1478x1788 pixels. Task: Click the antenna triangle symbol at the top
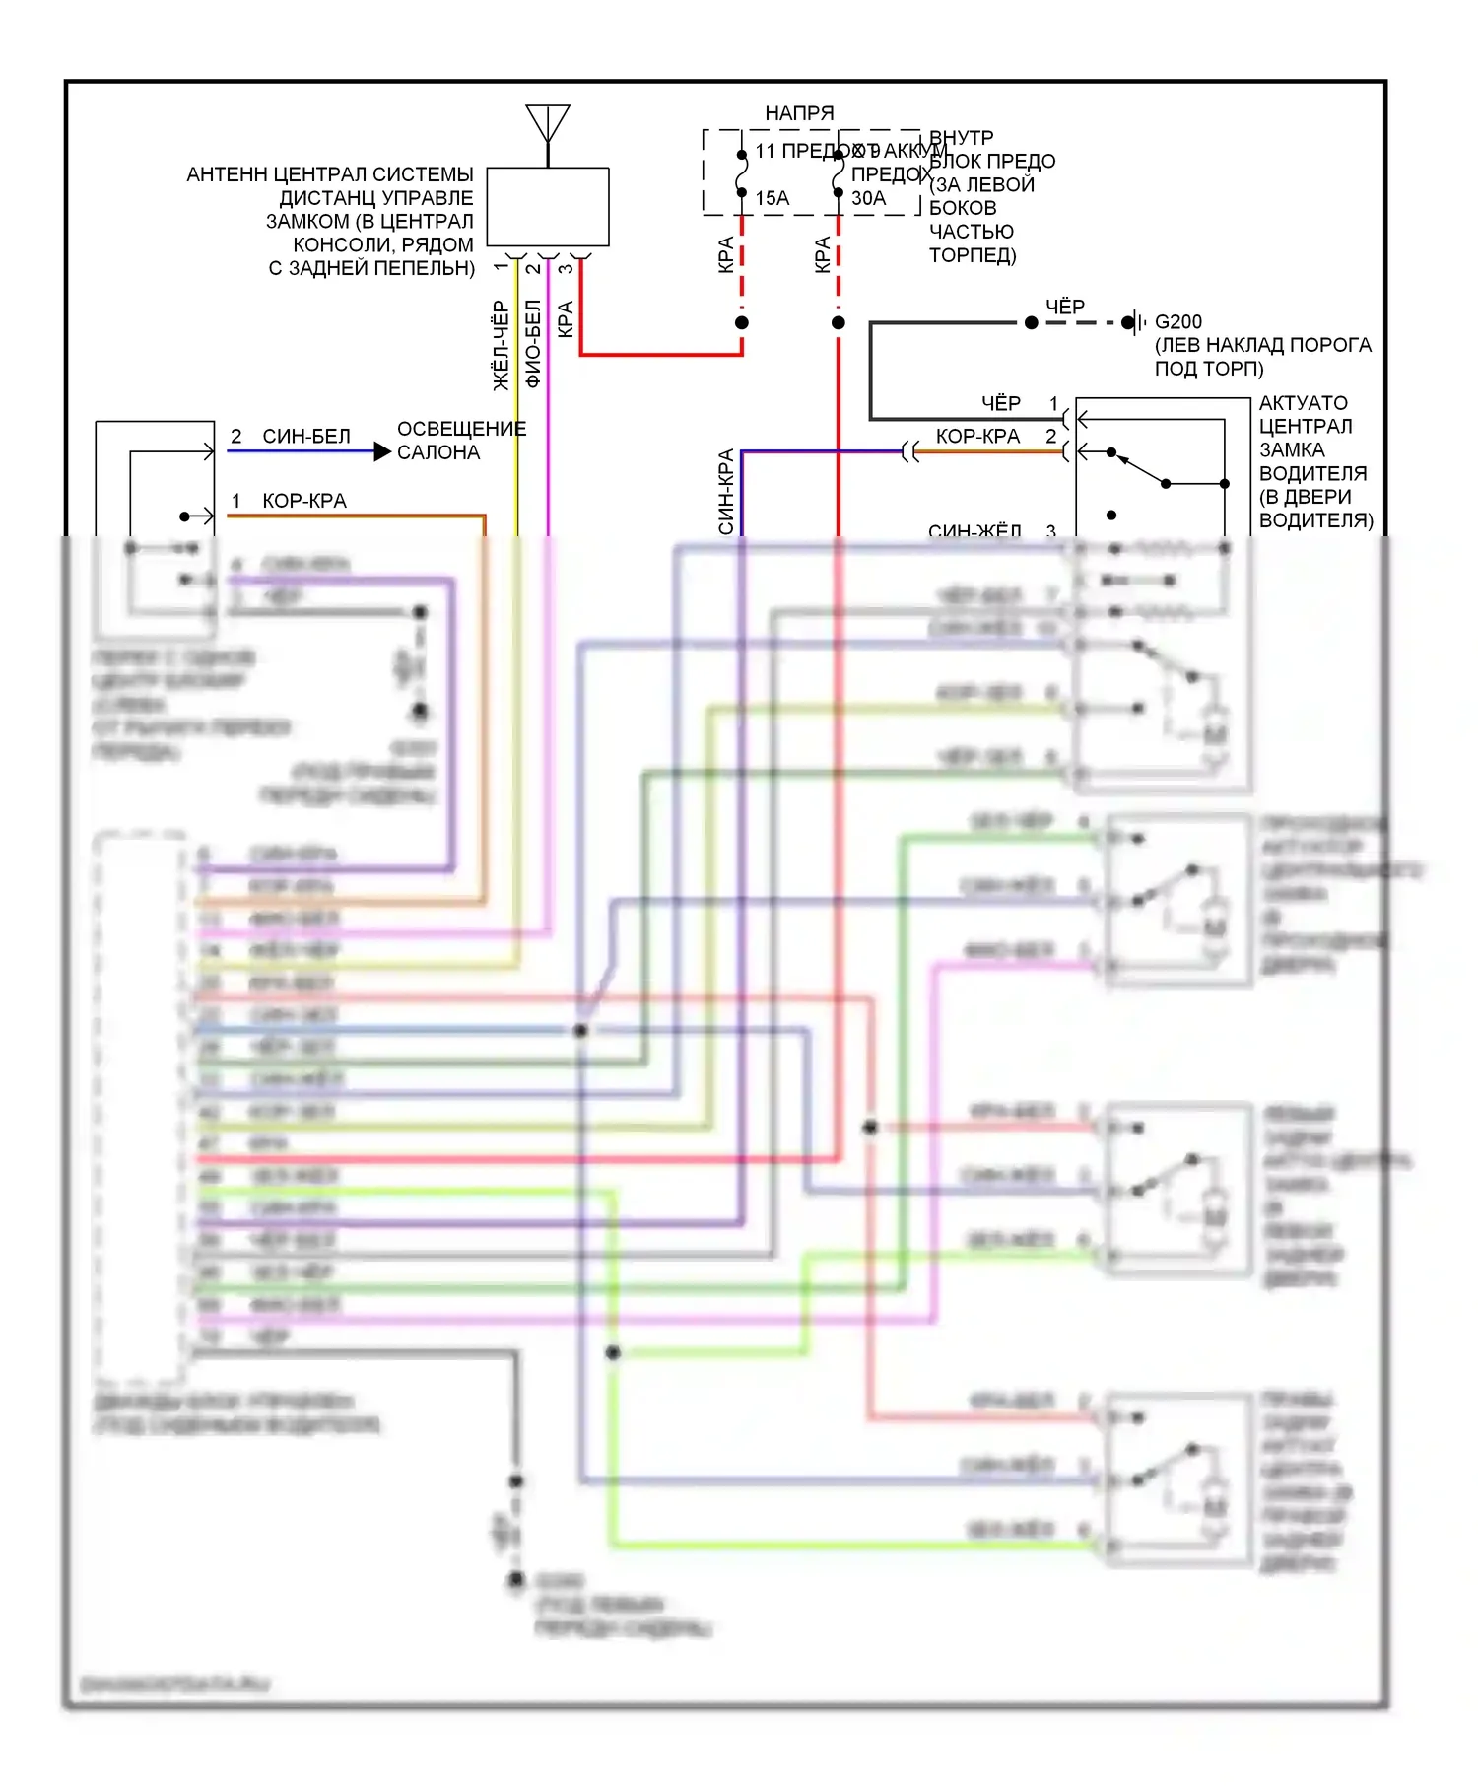coord(548,122)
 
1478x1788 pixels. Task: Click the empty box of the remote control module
coord(548,207)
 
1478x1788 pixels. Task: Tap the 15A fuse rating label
coord(773,198)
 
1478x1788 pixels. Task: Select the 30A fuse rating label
coord(868,198)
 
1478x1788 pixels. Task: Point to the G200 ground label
coord(1178,322)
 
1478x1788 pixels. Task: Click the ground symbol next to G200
coord(1136,322)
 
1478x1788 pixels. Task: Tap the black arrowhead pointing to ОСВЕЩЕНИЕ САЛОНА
coord(382,452)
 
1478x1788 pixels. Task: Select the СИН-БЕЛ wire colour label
coord(306,437)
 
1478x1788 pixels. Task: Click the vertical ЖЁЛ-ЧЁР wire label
coord(501,346)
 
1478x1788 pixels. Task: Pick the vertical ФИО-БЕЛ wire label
coord(532,344)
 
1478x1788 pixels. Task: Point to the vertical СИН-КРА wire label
coord(726,492)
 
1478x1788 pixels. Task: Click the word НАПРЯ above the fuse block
coord(799,114)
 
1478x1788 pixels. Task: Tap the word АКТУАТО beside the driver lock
coord(1303,403)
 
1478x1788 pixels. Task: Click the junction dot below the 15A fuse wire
coord(742,323)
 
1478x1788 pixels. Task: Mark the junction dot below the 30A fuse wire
coord(839,323)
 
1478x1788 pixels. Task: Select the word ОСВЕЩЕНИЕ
coord(461,429)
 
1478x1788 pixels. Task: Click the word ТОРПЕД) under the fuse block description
coord(972,255)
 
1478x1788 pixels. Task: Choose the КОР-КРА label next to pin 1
coord(304,501)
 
